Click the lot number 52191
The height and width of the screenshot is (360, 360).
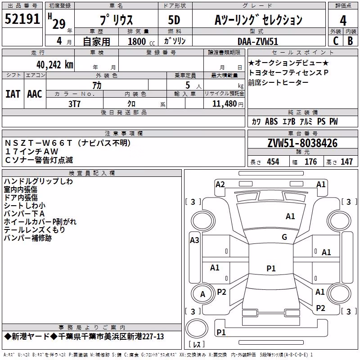tap(22, 18)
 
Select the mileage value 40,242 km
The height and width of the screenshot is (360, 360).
tap(54, 65)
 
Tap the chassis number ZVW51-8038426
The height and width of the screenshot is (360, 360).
tap(302, 143)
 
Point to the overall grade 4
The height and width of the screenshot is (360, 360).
tap(343, 20)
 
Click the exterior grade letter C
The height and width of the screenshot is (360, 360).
tap(336, 40)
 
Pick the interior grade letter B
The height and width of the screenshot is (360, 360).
tap(350, 40)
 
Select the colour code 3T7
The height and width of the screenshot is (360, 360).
tap(74, 104)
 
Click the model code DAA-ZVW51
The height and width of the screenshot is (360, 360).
tap(258, 41)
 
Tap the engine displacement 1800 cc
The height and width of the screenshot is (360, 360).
tap(141, 41)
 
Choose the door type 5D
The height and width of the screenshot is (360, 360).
tap(174, 20)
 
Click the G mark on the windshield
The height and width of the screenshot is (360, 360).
tap(284, 237)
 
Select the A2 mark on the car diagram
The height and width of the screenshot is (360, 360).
tap(220, 184)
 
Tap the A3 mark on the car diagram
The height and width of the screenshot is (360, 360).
tap(194, 240)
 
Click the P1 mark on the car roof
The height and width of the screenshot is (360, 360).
tap(271, 268)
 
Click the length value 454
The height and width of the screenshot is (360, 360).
tap(273, 162)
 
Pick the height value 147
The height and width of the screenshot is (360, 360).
tap(346, 162)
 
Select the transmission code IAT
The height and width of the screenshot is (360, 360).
tap(13, 94)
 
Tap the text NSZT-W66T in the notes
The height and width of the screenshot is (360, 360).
tap(38, 143)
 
